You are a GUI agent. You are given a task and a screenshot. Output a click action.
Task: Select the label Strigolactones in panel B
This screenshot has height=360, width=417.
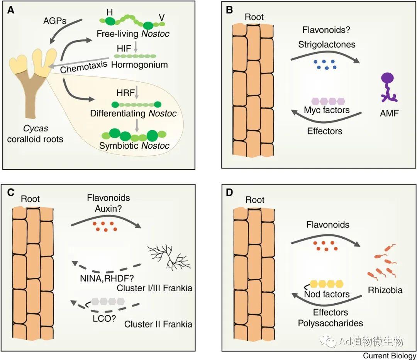(327, 44)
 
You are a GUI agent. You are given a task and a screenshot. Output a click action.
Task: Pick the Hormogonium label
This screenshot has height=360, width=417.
(139, 65)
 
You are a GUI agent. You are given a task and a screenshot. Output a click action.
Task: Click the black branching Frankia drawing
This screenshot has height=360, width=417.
(169, 257)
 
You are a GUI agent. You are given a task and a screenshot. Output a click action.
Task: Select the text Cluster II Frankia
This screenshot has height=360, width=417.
(158, 324)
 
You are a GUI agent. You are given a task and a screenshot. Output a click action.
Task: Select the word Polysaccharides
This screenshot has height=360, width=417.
(330, 323)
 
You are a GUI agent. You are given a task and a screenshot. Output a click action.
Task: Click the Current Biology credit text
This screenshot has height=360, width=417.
(389, 356)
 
